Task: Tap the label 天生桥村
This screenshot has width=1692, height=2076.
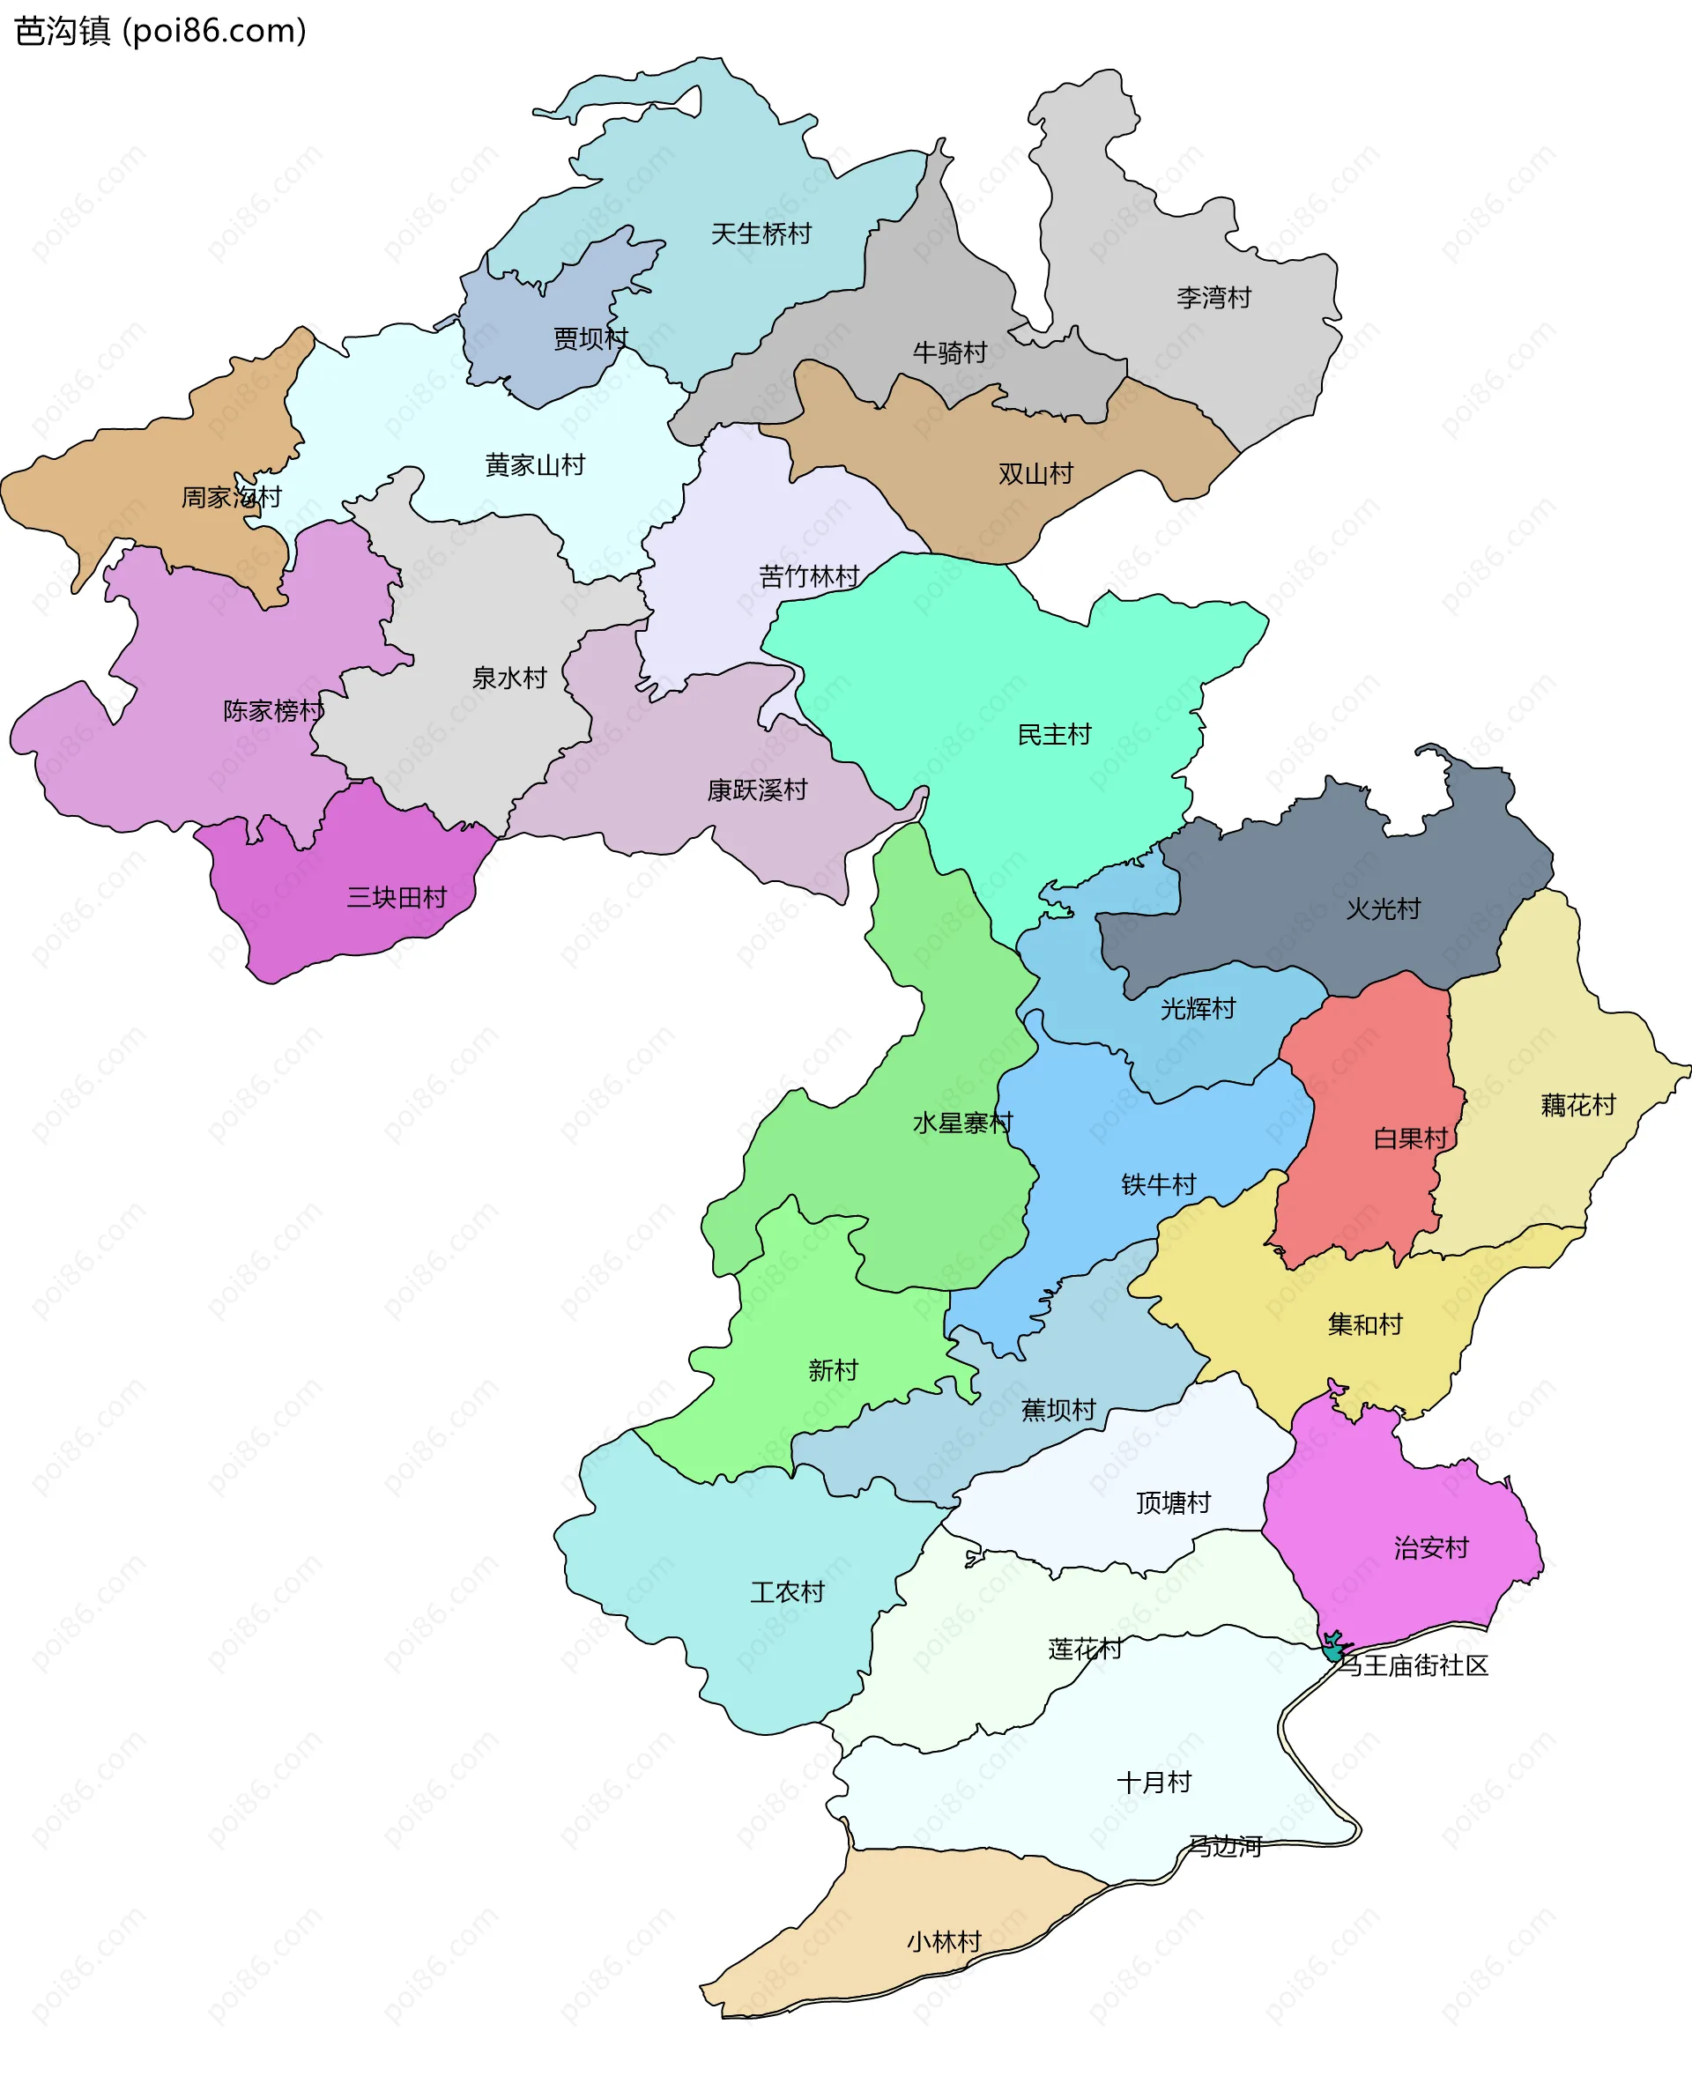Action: [761, 234]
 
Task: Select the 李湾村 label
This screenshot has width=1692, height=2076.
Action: [1213, 297]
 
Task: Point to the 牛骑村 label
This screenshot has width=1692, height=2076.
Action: [949, 352]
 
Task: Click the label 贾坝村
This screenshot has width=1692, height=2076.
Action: [590, 338]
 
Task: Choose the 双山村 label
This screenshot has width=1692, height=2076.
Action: [1035, 474]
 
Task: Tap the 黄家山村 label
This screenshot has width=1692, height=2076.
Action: [535, 465]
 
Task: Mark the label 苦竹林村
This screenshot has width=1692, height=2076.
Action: [809, 576]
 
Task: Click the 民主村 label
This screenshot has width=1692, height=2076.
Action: [1054, 734]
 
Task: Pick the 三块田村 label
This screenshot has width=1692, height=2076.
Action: [397, 897]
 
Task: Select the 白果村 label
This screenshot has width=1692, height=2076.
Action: [1410, 1138]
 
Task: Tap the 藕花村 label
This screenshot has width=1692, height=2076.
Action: [1578, 1104]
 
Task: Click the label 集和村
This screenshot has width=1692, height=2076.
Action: [1364, 1323]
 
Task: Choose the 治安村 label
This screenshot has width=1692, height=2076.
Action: [1431, 1546]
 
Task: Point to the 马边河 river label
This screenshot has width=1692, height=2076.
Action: [1225, 1846]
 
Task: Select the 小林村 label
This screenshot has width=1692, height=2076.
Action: [944, 1941]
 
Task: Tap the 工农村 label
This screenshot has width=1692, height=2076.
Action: [788, 1591]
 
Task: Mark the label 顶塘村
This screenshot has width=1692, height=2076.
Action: [1173, 1502]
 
